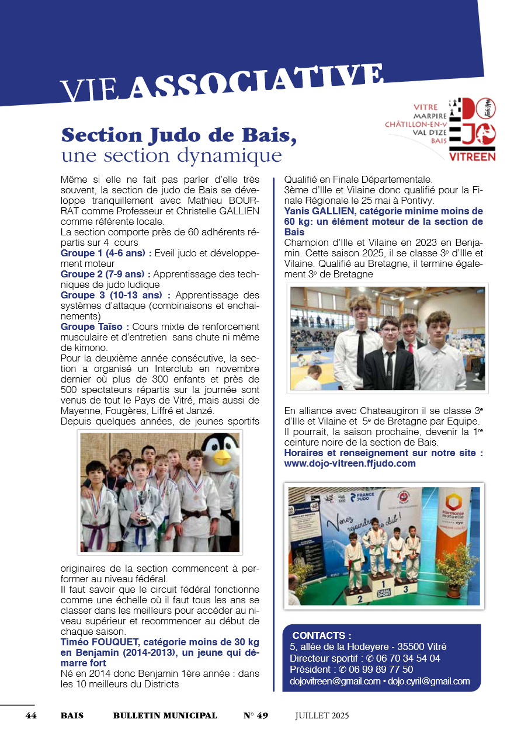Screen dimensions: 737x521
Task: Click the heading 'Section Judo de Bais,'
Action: click(x=179, y=135)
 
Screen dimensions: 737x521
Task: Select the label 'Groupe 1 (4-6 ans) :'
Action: click(x=106, y=253)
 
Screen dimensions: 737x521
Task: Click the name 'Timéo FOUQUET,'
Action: click(x=96, y=642)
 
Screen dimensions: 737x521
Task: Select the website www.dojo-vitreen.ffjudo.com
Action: click(x=350, y=463)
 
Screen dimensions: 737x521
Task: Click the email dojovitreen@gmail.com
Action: click(x=335, y=681)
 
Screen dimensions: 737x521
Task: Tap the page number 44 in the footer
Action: click(x=31, y=715)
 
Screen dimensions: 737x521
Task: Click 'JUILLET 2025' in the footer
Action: click(x=322, y=715)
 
